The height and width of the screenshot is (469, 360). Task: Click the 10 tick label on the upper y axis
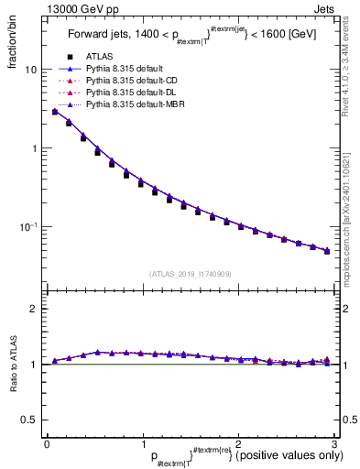(30, 70)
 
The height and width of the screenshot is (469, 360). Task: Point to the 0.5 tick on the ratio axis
(28, 420)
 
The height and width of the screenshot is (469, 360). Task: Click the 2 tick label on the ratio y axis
(33, 309)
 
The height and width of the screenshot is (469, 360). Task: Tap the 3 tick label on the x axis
(333, 444)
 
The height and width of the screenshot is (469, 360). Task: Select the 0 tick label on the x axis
(47, 444)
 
